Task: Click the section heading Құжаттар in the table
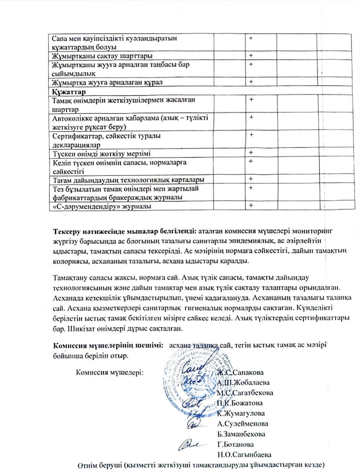coord(69,92)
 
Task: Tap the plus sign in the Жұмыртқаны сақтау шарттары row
coord(251,56)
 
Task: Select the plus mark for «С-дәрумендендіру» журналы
coord(251,206)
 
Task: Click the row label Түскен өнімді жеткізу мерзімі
coord(101,154)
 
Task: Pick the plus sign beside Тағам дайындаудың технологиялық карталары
coord(251,179)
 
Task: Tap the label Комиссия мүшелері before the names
coord(110,373)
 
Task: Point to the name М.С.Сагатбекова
coord(245,393)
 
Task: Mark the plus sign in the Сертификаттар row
coord(251,135)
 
